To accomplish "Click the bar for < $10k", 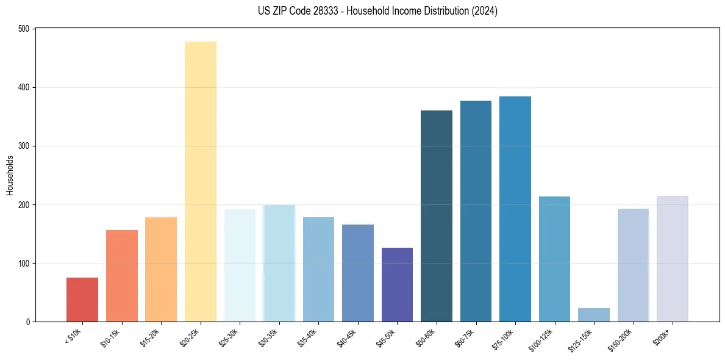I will click(82, 300).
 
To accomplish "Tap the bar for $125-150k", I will click(594, 315).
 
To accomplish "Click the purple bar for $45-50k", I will click(397, 284).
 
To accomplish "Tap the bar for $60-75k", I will click(476, 211).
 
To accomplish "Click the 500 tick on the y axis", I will click(24, 29).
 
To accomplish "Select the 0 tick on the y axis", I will click(28, 322).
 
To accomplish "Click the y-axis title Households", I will click(10, 175).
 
